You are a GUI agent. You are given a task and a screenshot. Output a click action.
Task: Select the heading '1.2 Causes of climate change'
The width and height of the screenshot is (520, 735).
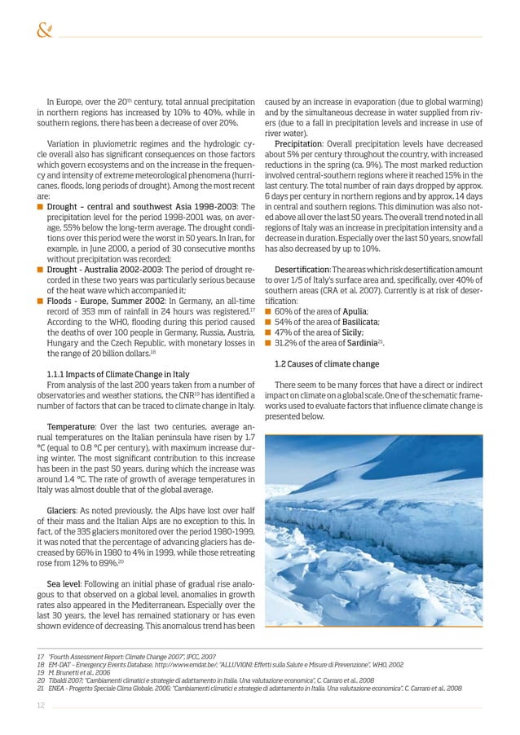coord(327,363)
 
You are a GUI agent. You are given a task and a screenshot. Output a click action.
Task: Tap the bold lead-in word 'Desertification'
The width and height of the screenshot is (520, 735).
coord(302,269)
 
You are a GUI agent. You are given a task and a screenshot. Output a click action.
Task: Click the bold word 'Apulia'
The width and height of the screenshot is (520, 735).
coord(355,311)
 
